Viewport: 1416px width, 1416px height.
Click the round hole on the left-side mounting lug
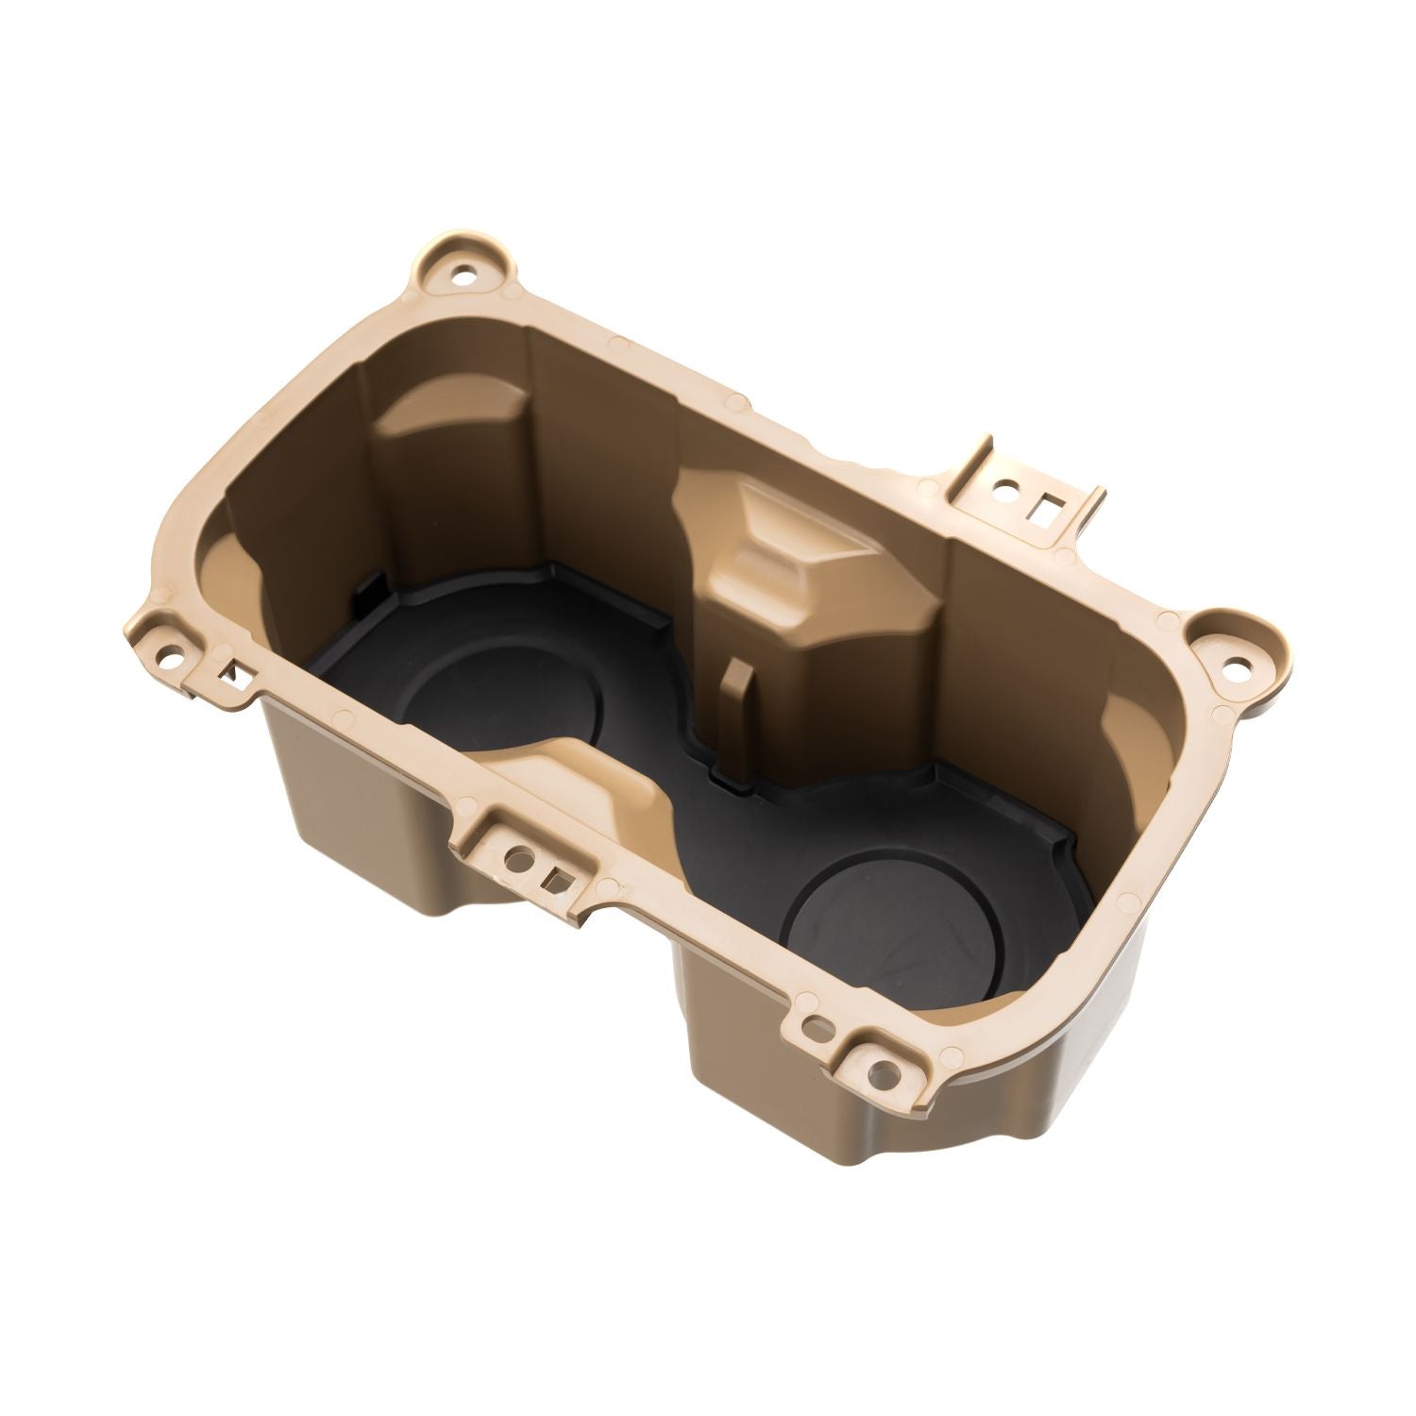175,651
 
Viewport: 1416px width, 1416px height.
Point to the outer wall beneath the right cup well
831,1104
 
